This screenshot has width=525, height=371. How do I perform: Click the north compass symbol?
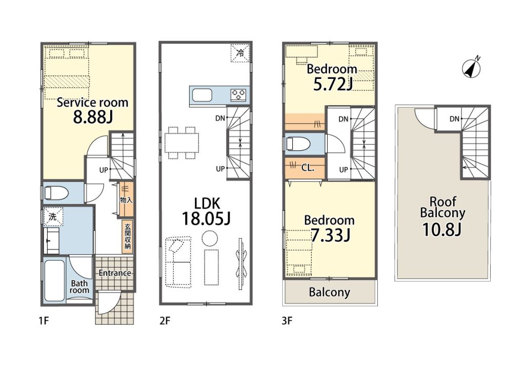click(472, 68)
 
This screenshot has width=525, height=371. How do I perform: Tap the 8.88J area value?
click(93, 117)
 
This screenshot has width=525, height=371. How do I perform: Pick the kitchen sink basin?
click(202, 95)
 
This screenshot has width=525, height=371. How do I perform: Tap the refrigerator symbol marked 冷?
click(240, 53)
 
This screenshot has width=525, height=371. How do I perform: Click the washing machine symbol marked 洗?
click(53, 217)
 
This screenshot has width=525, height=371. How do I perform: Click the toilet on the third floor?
click(298, 144)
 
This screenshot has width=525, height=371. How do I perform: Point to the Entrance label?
click(115, 273)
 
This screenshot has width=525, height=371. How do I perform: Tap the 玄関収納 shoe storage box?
click(128, 236)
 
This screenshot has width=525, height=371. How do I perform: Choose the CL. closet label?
click(308, 168)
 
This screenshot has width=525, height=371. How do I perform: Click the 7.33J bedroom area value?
click(331, 236)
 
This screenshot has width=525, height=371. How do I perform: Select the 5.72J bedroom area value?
click(332, 85)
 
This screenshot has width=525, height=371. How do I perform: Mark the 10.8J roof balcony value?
click(442, 230)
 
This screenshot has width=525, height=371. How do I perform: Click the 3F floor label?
click(287, 321)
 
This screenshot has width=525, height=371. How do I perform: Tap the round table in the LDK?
click(210, 238)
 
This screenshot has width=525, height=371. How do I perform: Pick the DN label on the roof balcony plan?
click(454, 119)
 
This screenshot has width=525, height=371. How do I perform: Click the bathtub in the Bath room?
click(54, 281)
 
